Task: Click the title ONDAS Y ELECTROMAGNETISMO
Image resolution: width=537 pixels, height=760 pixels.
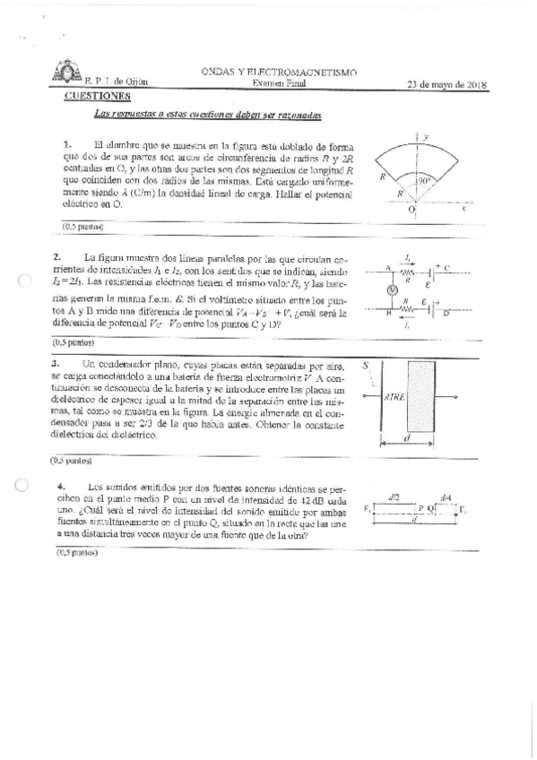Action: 280,71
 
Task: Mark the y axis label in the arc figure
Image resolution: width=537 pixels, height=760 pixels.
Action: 426,135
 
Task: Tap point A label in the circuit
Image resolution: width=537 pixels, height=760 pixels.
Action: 388,267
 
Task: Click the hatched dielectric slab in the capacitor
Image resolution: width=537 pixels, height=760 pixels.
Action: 421,395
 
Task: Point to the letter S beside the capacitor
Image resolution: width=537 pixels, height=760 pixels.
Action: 367,366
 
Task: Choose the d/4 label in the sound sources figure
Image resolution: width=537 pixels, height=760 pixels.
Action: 446,496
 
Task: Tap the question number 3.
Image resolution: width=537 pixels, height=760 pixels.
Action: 56,363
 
